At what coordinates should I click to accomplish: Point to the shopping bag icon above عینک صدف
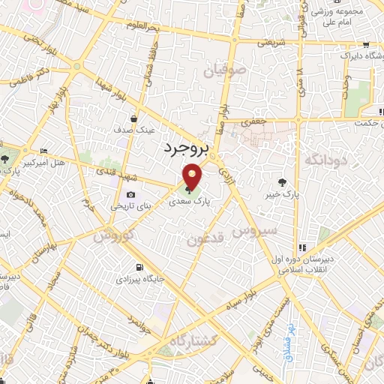click(x=134, y=118)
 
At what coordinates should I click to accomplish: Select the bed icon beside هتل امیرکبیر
click(x=43, y=151)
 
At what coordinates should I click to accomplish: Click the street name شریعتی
click(x=271, y=43)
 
